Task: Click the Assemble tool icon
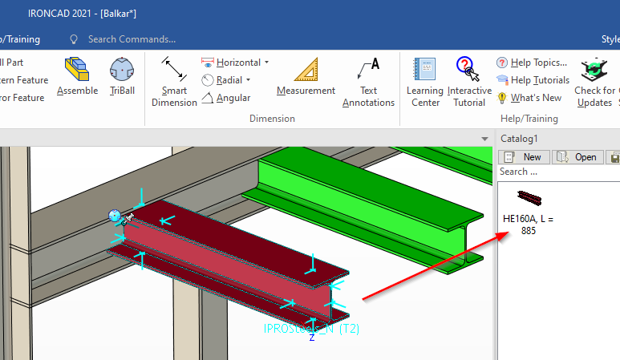(77, 71)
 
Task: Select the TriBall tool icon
(122, 71)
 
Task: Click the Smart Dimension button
(174, 71)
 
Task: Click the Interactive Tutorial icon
(468, 71)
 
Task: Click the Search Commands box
(132, 38)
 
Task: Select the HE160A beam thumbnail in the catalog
(529, 198)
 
